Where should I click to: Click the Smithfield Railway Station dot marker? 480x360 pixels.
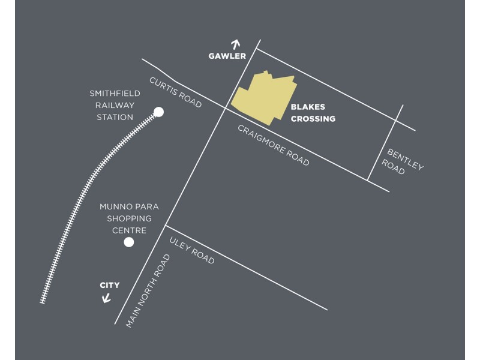(158, 112)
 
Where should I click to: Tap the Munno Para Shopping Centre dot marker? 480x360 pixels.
(128, 242)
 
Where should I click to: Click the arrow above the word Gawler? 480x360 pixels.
(235, 44)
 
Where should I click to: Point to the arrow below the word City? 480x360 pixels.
(106, 297)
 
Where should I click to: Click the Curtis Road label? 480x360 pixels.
(175, 92)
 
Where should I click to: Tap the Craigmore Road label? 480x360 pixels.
(274, 145)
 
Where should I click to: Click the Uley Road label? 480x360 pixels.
(192, 250)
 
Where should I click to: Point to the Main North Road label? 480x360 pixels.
(148, 291)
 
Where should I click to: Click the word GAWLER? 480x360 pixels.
(227, 56)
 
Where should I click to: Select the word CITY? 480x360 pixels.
(110, 286)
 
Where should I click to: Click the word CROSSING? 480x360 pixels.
(313, 119)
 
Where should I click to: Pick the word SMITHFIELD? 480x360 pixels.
(115, 94)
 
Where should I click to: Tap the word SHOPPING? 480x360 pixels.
(129, 218)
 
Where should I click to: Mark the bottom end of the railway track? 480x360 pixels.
(43, 301)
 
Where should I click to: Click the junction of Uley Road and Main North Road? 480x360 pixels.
(165, 226)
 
